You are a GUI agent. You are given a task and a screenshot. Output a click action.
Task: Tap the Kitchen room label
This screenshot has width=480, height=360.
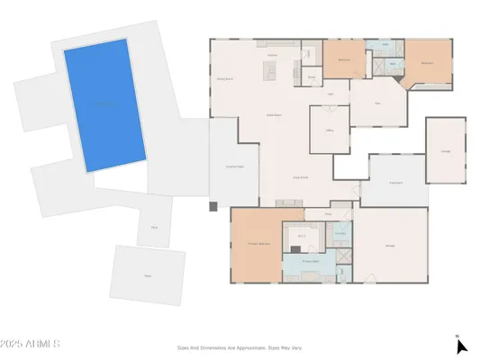click(271, 55)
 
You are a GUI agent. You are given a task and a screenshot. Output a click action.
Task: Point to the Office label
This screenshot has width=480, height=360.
click(330, 131)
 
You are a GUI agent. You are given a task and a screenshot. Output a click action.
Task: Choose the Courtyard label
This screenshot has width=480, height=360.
click(395, 183)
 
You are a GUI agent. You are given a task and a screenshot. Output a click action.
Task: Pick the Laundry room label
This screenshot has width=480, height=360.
click(340, 234)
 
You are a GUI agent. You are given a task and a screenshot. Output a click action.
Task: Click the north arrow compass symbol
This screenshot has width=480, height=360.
click(461, 346)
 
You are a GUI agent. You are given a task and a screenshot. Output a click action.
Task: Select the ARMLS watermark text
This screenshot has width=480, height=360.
click(31, 345)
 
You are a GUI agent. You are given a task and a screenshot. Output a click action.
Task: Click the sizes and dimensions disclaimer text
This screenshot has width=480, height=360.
click(239, 345)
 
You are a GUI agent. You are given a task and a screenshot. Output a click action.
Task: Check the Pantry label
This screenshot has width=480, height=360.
click(311, 77)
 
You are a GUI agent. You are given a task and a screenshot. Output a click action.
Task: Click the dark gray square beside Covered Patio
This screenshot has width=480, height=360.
click(213, 206)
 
